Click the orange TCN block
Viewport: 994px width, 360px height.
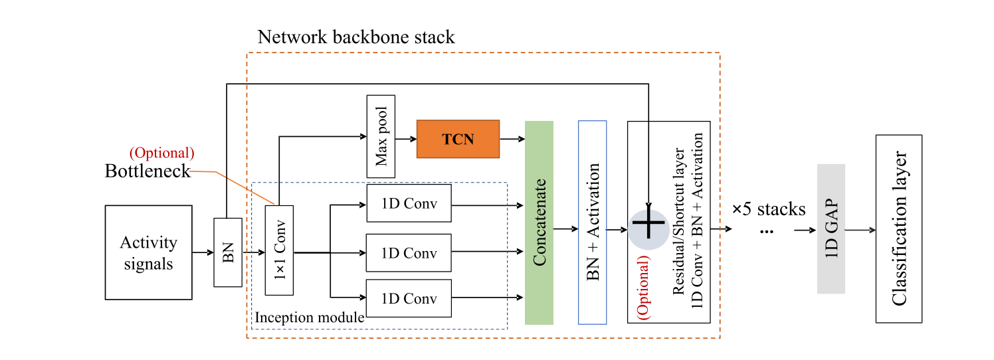[458, 139]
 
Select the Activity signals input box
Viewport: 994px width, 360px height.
[148, 252]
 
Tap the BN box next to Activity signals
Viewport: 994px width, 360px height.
[228, 252]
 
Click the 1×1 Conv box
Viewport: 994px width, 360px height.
[279, 250]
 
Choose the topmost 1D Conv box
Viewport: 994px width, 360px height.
[409, 203]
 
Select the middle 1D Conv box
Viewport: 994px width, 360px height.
[409, 252]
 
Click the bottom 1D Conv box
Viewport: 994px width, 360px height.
[409, 298]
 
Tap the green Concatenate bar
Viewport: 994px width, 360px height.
[539, 223]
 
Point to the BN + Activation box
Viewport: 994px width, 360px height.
[593, 223]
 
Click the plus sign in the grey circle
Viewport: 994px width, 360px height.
[648, 226]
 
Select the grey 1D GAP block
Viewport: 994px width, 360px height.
[831, 228]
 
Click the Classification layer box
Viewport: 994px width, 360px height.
[899, 228]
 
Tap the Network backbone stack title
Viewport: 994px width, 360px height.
[356, 37]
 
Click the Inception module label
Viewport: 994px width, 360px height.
[309, 317]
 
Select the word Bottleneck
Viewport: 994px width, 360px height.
[148, 171]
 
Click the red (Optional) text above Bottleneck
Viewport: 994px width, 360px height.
[162, 153]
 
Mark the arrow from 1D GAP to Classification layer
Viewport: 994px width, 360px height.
[860, 230]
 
